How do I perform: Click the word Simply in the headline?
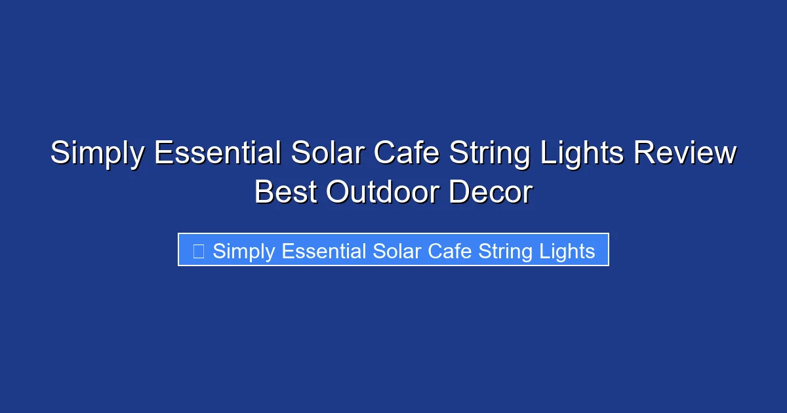pos(96,154)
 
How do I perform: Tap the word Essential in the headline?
pos(216,153)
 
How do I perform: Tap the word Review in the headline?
pos(685,153)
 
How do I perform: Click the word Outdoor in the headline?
pos(382,192)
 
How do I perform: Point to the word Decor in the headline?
pos(491,192)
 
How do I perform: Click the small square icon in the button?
pos(199,250)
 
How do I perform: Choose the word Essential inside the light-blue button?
pos(323,250)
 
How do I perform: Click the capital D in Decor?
pos(460,192)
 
